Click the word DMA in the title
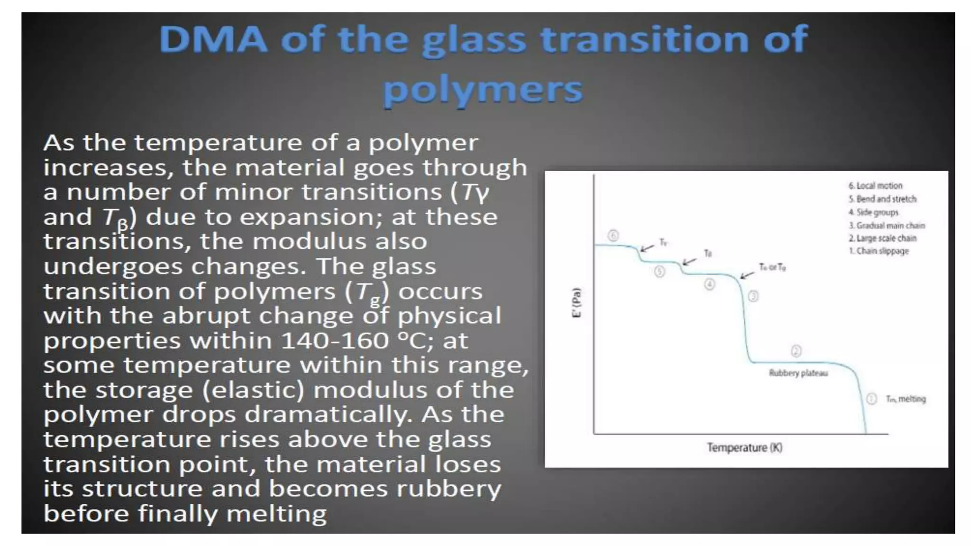[x=213, y=39]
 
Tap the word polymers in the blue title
[x=483, y=90]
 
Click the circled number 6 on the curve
[x=613, y=236]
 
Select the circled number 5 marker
[x=660, y=272]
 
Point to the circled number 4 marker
[x=709, y=284]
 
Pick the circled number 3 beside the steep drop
[x=753, y=296]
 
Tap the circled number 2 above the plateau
[x=796, y=351]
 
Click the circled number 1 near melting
[x=871, y=399]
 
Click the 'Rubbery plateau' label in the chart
[x=798, y=373]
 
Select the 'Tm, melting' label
[x=906, y=399]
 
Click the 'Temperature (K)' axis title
[x=744, y=447]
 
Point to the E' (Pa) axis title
[x=577, y=303]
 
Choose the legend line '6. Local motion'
[x=875, y=186]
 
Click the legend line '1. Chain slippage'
[x=879, y=251]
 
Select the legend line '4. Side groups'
[x=873, y=212]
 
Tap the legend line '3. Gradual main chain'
[x=887, y=226]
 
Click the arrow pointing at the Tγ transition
[x=647, y=247]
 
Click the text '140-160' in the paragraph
[x=335, y=340]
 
